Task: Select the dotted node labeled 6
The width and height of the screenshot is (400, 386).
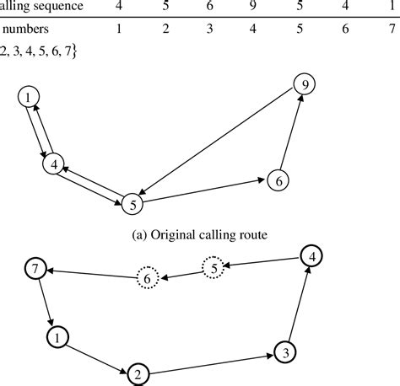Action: click(148, 277)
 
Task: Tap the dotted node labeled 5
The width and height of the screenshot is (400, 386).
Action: click(214, 269)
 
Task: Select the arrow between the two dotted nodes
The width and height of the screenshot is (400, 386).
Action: click(181, 273)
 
